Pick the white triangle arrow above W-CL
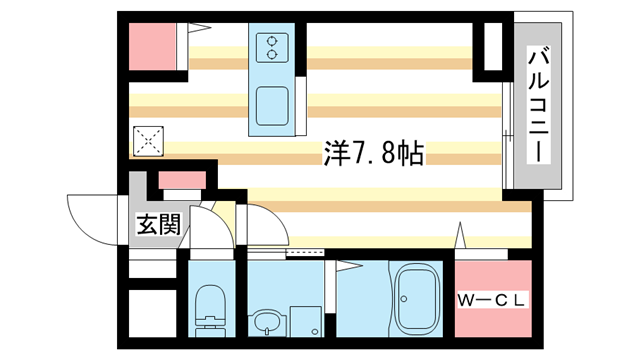(x=461, y=237)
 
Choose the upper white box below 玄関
(x=151, y=266)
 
